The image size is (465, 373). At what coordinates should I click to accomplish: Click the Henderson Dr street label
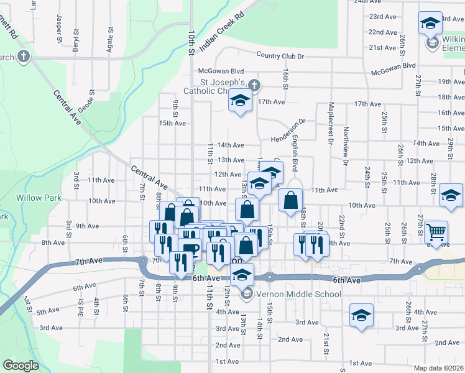tap(289, 131)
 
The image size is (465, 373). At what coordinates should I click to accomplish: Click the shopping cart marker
tap(436, 231)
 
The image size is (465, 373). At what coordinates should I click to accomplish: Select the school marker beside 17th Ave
tap(239, 101)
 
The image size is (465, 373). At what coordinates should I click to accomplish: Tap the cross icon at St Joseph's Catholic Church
tap(252, 85)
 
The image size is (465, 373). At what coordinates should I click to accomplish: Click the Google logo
tap(21, 366)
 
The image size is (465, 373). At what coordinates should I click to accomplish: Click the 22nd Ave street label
tap(383, 32)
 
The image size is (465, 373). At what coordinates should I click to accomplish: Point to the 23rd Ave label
tap(383, 16)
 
